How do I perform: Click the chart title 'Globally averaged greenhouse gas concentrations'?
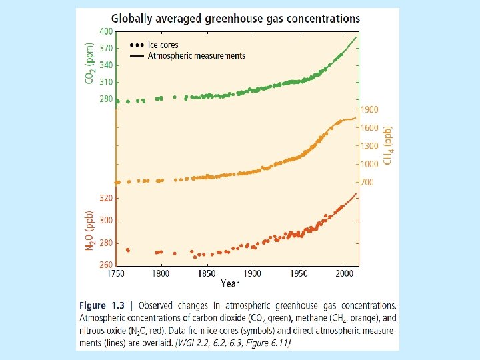[x=235, y=19]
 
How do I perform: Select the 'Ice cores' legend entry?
[x=163, y=45]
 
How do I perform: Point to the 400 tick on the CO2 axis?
[x=106, y=32]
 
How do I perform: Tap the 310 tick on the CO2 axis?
[x=106, y=82]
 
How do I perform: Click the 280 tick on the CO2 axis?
[x=106, y=99]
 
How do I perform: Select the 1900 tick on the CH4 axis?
[x=370, y=109]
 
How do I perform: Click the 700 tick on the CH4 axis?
[x=368, y=182]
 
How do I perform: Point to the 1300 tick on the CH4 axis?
[x=370, y=146]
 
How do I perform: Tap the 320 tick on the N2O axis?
[x=106, y=198]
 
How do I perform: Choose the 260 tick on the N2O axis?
[x=106, y=265]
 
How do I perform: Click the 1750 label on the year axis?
[x=116, y=274]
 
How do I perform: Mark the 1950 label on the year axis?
[x=299, y=274]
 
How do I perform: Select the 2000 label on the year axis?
[x=345, y=274]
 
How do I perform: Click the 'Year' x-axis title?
[x=230, y=283]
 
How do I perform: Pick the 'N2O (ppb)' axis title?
[x=89, y=231]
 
